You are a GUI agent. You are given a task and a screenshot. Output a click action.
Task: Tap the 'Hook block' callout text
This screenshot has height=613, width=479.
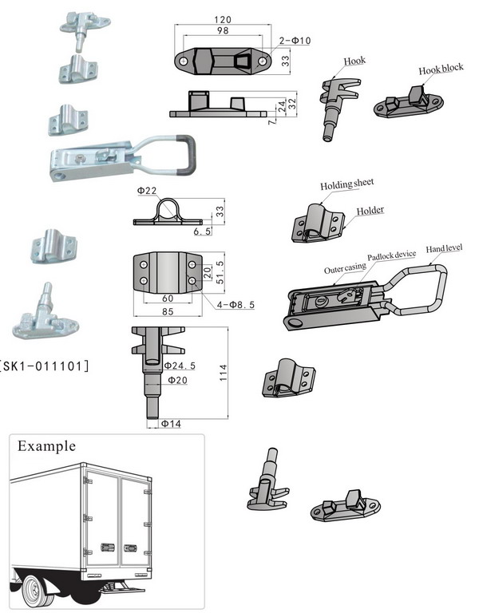pos(441,69)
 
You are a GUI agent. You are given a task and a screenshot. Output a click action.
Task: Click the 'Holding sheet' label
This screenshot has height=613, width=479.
pos(347,184)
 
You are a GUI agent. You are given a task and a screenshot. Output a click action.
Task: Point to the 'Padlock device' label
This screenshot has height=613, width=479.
pos(391,255)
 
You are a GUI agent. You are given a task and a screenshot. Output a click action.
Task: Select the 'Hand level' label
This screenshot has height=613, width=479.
pos(445,247)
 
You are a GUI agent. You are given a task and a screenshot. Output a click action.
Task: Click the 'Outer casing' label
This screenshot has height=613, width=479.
pos(344,269)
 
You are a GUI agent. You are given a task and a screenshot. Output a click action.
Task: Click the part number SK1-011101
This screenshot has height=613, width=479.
pos(44,366)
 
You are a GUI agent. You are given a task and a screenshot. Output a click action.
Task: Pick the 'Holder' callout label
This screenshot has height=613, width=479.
pos(370,211)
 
